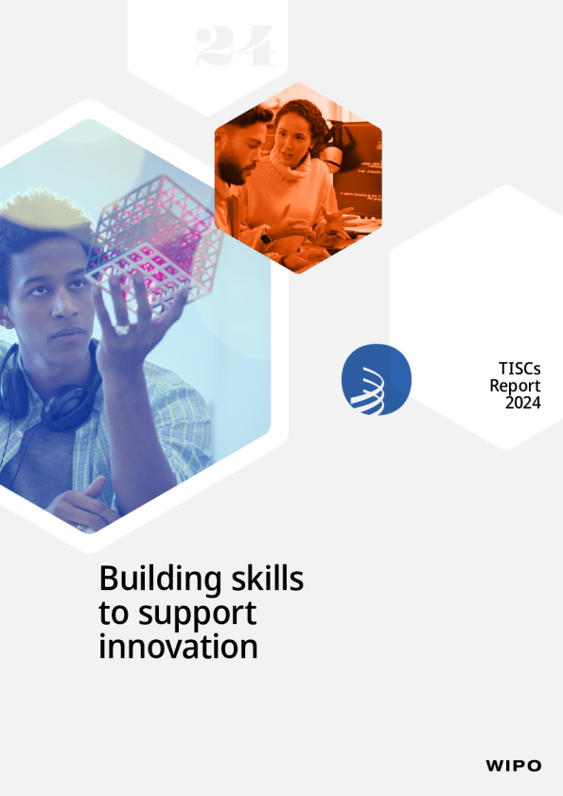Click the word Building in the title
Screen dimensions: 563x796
pyautogui.click(x=160, y=580)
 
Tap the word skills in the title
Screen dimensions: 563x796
pyautogui.click(x=268, y=578)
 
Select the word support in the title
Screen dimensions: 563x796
pyautogui.click(x=198, y=615)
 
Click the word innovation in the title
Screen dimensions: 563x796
pyautogui.click(x=178, y=647)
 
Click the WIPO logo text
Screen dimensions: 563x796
pyautogui.click(x=513, y=766)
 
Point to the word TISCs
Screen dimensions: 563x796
pyautogui.click(x=519, y=368)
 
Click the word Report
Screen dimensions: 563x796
pyautogui.click(x=515, y=386)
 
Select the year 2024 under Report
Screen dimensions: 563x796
pyautogui.click(x=523, y=403)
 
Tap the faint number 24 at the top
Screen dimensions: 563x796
pyautogui.click(x=236, y=46)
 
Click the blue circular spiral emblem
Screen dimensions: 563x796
pyautogui.click(x=376, y=379)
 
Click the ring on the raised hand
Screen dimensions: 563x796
pyautogui.click(x=122, y=330)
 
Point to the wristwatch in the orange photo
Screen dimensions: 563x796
pyautogui.click(x=266, y=238)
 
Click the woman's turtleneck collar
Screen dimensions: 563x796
pyautogui.click(x=290, y=165)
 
